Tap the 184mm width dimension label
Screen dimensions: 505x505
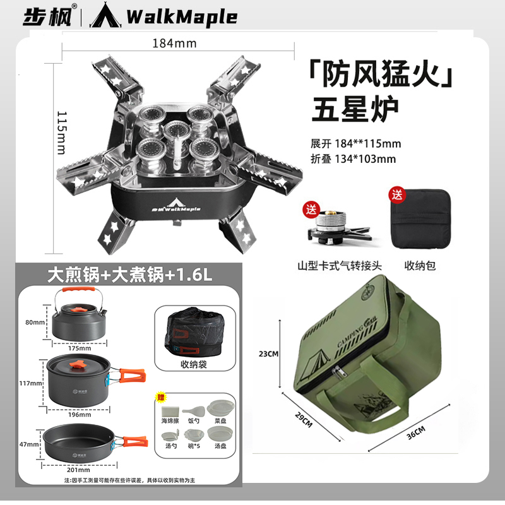click(x=174, y=44)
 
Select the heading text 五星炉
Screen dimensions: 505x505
click(x=355, y=110)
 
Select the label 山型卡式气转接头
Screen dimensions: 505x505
click(x=340, y=266)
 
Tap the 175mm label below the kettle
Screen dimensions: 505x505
click(x=79, y=348)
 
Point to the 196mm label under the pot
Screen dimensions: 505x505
click(x=80, y=415)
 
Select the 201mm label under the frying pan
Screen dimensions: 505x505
click(x=79, y=470)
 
